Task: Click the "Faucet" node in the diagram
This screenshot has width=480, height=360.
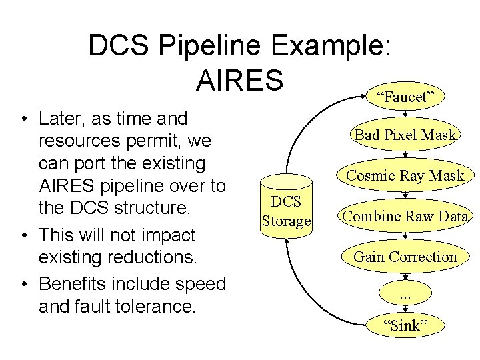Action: point(406,97)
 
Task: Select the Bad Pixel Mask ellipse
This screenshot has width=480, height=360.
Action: point(406,135)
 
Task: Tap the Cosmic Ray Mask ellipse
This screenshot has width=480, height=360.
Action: point(406,176)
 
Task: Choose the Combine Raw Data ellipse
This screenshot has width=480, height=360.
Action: point(406,216)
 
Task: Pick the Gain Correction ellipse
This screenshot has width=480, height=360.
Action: point(406,257)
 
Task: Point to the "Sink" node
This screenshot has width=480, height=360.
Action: point(406,325)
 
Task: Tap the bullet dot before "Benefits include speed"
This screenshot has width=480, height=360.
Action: point(24,285)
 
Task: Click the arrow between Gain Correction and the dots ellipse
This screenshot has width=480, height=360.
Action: point(406,275)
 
